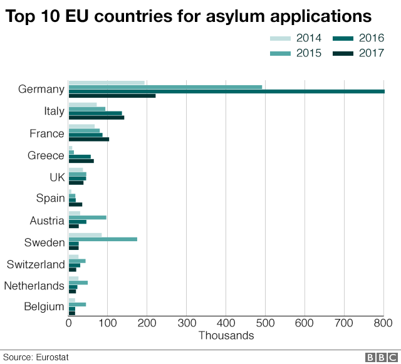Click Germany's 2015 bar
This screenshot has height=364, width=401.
[x=165, y=87]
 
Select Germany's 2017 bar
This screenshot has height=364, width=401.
[x=112, y=96]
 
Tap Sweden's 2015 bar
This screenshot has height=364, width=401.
[x=103, y=239]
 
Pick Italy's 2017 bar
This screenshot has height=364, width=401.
[x=96, y=117]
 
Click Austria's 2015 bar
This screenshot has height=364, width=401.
[x=88, y=217]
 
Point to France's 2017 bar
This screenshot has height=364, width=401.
[x=89, y=139]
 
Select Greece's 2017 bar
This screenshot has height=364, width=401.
[x=81, y=161]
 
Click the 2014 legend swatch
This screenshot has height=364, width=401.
[x=282, y=38]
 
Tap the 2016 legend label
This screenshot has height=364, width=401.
[x=371, y=38]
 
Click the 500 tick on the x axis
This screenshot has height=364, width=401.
[x=265, y=323]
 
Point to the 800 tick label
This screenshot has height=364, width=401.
[x=383, y=323]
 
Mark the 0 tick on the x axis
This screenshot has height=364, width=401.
[x=69, y=323]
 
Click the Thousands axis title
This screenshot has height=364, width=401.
[x=226, y=336]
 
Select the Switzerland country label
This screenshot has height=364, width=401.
[x=36, y=264]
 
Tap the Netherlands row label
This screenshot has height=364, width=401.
[x=34, y=286]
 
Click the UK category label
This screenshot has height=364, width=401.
[x=57, y=177]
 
